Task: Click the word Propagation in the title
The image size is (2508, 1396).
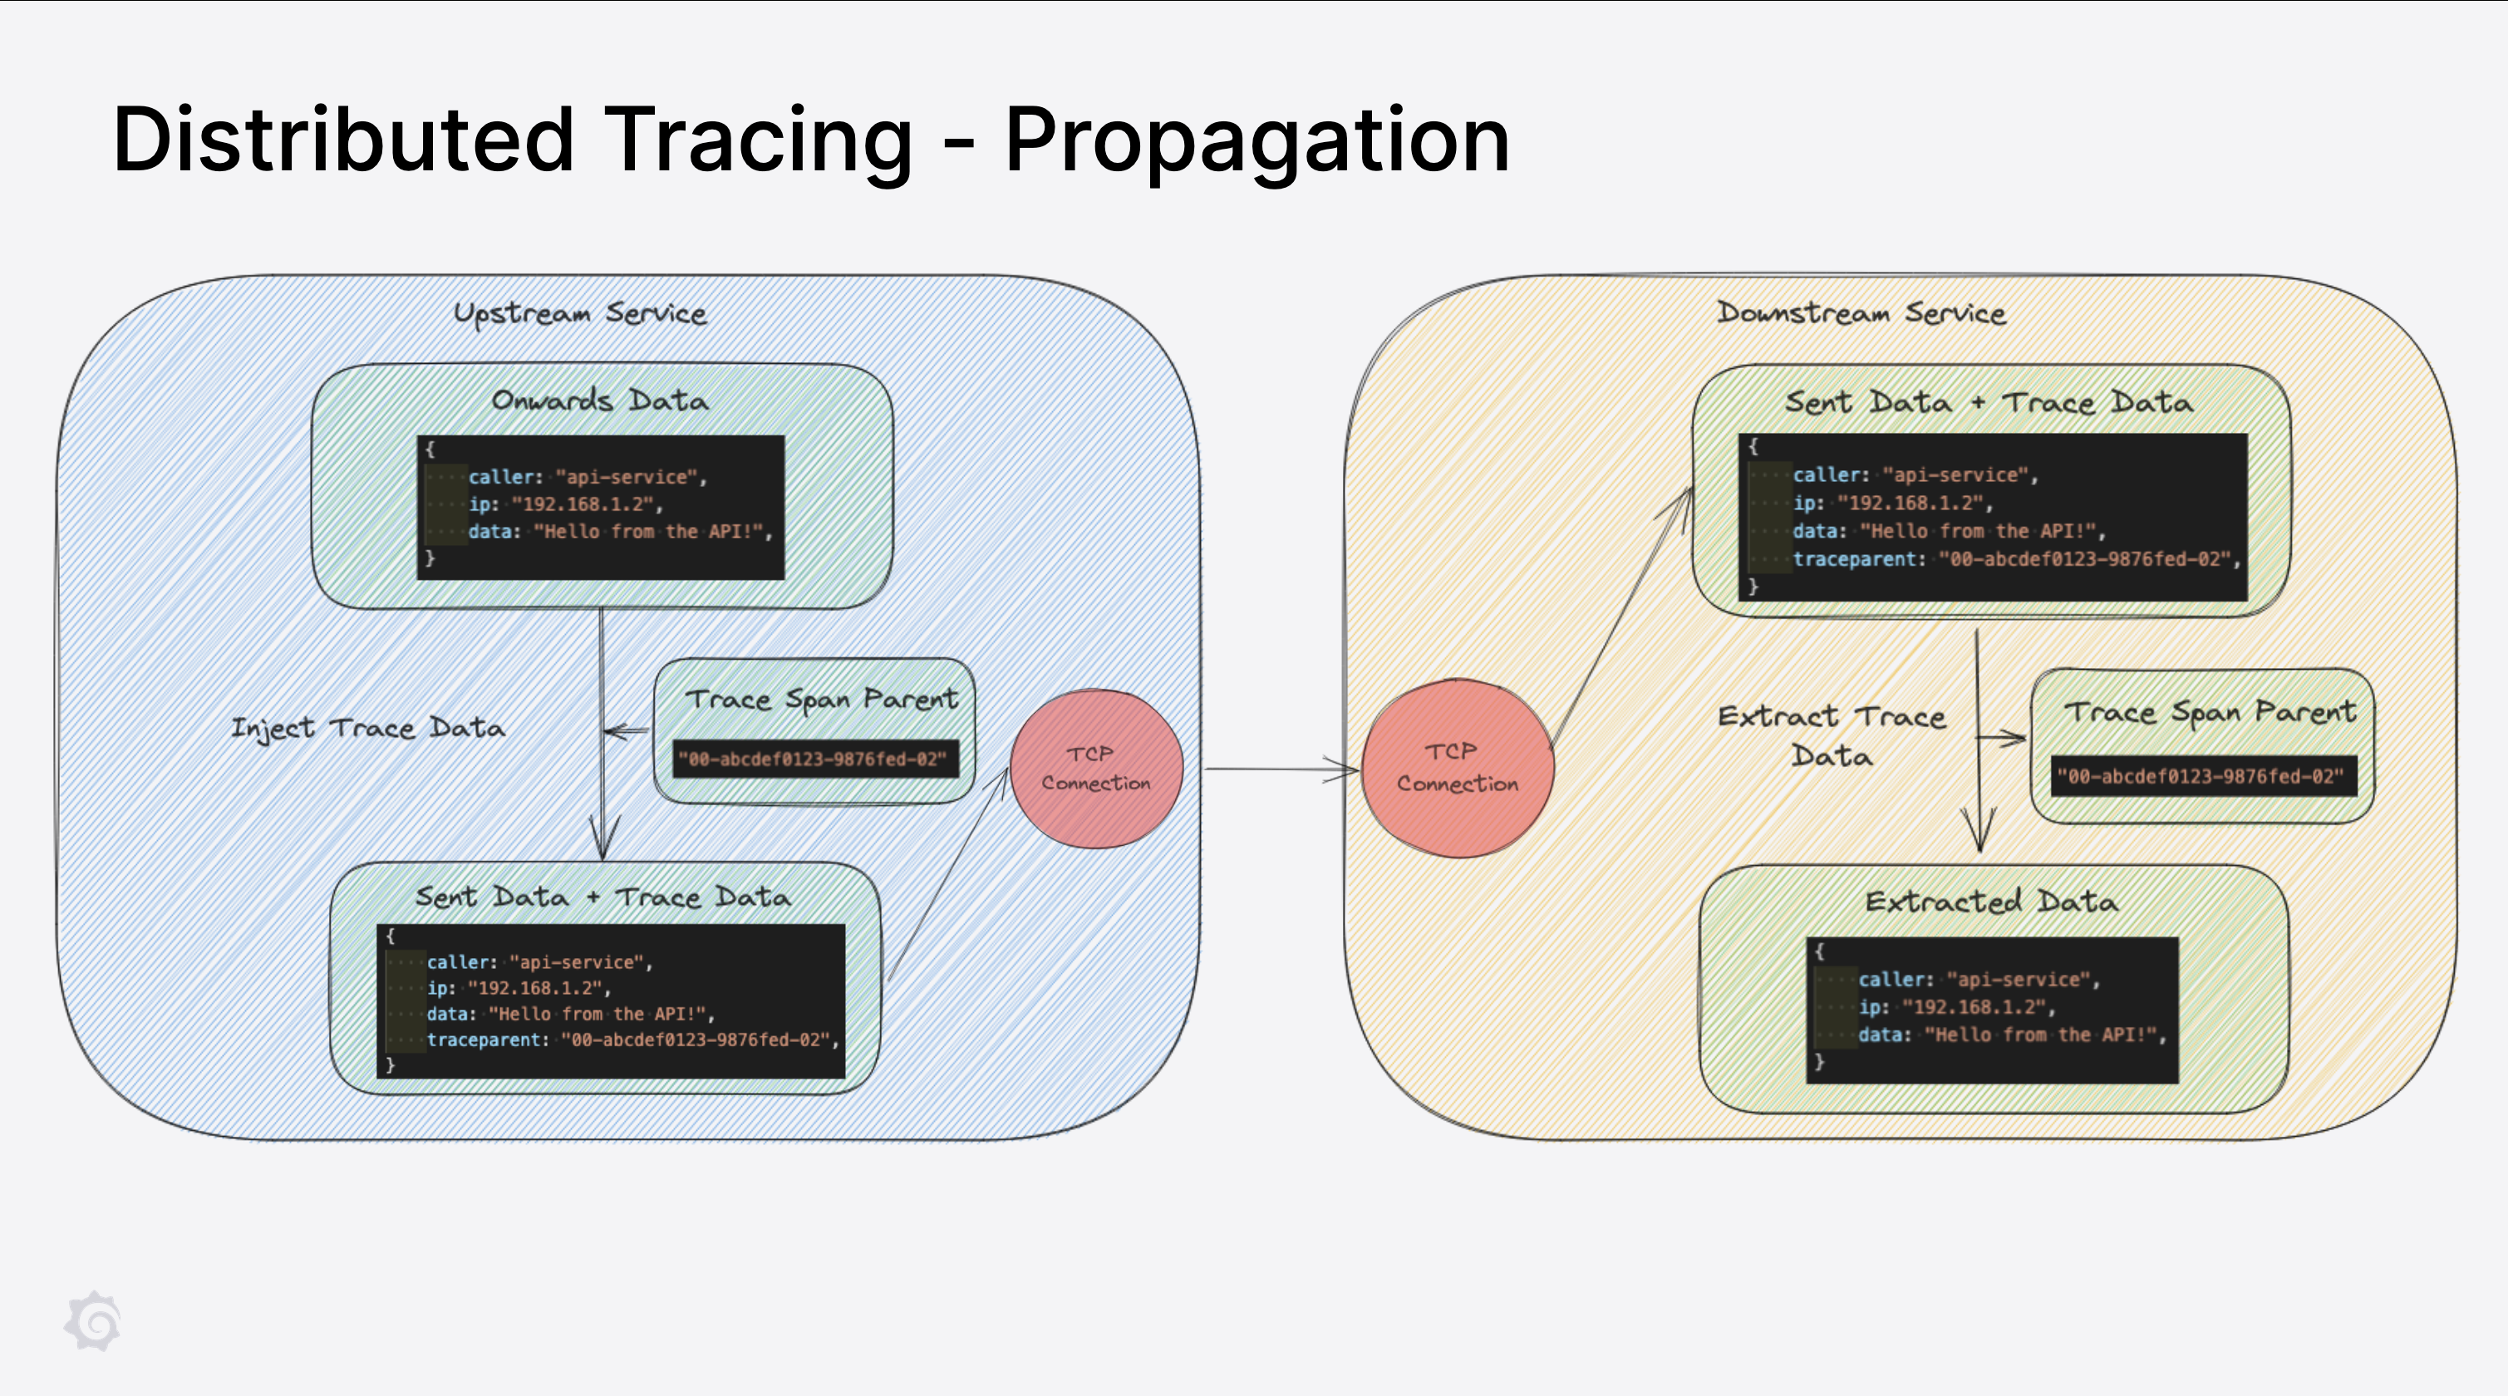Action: pyautogui.click(x=1256, y=142)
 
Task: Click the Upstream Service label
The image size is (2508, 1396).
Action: pyautogui.click(x=580, y=313)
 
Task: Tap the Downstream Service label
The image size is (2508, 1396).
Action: pyautogui.click(x=1861, y=312)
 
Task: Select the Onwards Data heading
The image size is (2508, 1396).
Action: pyautogui.click(x=600, y=401)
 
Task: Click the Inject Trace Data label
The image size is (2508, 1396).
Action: pyautogui.click(x=368, y=728)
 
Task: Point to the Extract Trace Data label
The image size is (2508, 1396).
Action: pyautogui.click(x=1832, y=735)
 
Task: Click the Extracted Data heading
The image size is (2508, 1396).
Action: pyautogui.click(x=1991, y=902)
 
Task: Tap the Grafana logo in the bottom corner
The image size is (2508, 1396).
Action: pyautogui.click(x=92, y=1321)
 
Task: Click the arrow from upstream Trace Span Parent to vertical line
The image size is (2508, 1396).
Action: pyautogui.click(x=626, y=731)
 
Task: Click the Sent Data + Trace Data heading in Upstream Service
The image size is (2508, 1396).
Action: pyautogui.click(x=602, y=897)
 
